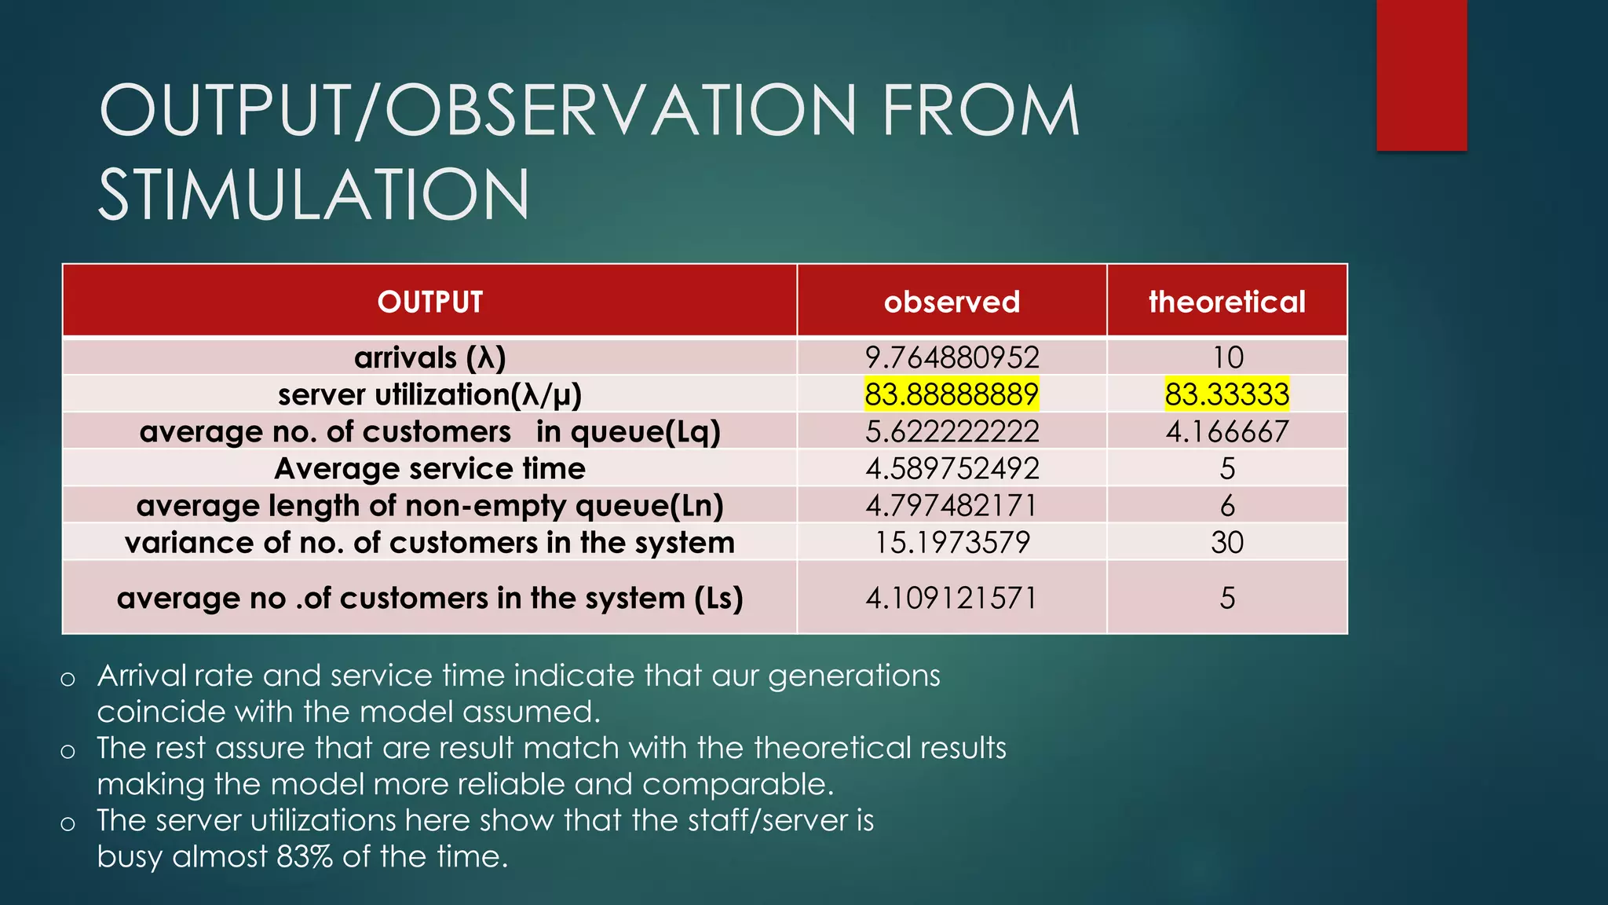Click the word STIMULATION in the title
click(314, 194)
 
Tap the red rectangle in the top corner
click(1421, 75)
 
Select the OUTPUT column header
click(429, 302)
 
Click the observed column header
click(952, 302)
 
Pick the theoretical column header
click(1226, 302)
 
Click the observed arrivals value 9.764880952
click(952, 357)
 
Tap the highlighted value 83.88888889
click(952, 394)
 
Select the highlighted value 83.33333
click(1226, 394)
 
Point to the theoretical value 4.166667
click(1226, 431)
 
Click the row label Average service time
click(429, 469)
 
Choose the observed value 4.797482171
click(952, 505)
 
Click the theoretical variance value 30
click(1226, 542)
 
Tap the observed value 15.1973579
click(952, 542)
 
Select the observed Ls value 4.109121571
click(952, 598)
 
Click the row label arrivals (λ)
click(429, 357)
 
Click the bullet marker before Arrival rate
click(68, 679)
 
